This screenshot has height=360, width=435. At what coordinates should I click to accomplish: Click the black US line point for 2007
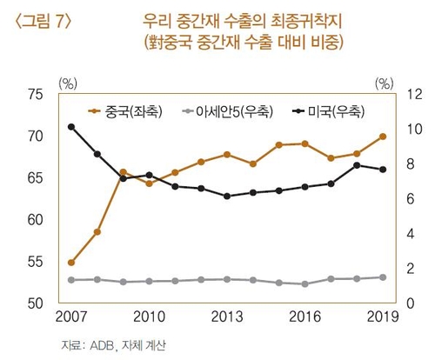(x=70, y=127)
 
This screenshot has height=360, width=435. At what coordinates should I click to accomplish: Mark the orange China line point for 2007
(x=70, y=262)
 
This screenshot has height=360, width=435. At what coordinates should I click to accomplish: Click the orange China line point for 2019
(x=383, y=137)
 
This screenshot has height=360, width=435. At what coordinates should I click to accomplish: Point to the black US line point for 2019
(x=383, y=170)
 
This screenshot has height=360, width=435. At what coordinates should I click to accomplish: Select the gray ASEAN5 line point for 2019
(x=383, y=277)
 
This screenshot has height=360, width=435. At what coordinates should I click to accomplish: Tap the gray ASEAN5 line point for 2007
(x=70, y=280)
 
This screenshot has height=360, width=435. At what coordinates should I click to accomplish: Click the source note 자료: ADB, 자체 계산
(x=113, y=346)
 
